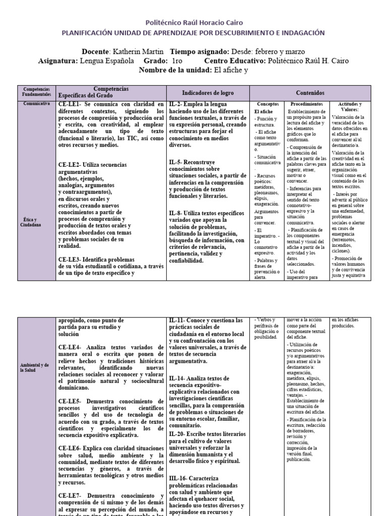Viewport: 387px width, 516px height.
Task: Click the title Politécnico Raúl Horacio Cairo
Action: click(x=193, y=23)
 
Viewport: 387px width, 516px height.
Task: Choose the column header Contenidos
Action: click(x=310, y=93)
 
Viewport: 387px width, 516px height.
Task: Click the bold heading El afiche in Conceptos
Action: click(x=264, y=111)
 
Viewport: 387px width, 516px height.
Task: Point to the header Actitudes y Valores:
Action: click(x=350, y=106)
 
